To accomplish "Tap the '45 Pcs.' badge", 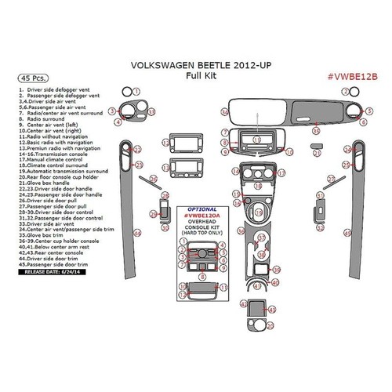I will coord(30,79).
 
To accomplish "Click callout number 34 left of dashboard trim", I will coord(224,112).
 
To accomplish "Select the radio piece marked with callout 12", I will coord(176,143).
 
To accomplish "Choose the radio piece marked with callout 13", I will coord(176,167).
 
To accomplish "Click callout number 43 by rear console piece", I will coord(271,311).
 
